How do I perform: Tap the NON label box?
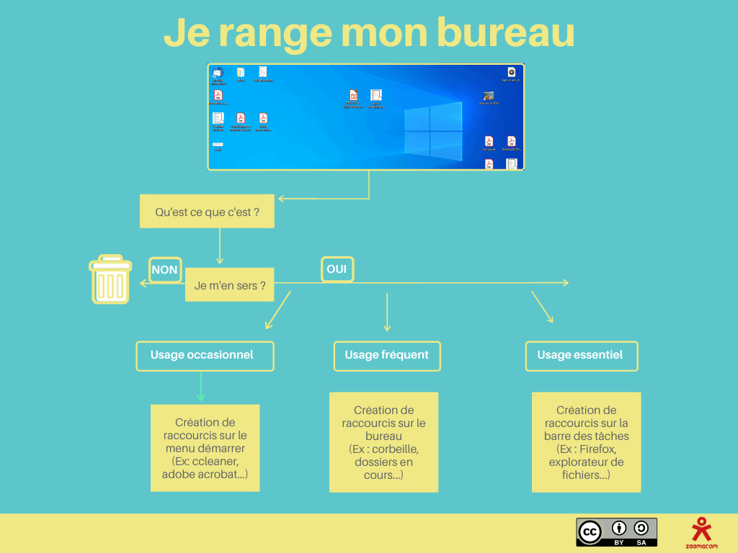point(165,270)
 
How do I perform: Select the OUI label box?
point(337,269)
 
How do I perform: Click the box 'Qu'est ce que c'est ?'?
point(207,212)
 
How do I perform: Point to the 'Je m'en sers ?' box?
point(230,285)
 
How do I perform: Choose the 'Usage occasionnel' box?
point(205,356)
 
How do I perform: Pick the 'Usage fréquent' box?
point(387,356)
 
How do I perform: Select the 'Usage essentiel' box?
point(582,356)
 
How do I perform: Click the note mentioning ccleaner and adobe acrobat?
point(205,448)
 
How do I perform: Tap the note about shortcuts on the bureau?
point(383,442)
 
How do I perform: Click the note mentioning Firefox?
point(586,442)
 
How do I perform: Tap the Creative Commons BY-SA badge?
point(616,532)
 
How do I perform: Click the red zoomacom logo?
point(700,531)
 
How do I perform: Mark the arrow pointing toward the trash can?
point(162,284)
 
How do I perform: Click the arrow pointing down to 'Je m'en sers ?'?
point(219,247)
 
